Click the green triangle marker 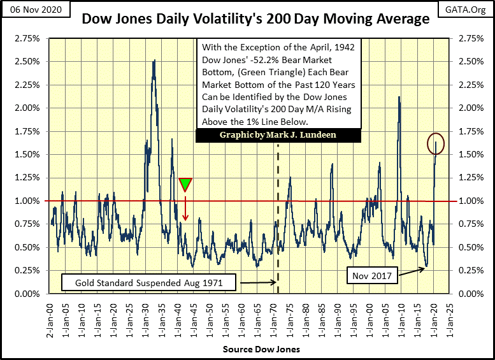pos(185,184)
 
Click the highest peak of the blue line pos(154,61)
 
